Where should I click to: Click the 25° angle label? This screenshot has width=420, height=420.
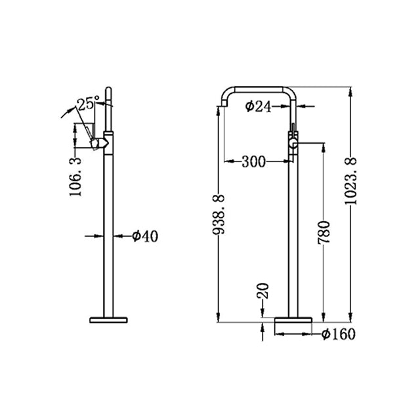tap(87, 104)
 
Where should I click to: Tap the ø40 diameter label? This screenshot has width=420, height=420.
tap(145, 236)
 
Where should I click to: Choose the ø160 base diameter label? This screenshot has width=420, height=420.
tap(338, 335)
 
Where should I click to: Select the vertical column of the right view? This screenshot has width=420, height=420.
tap(293, 230)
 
